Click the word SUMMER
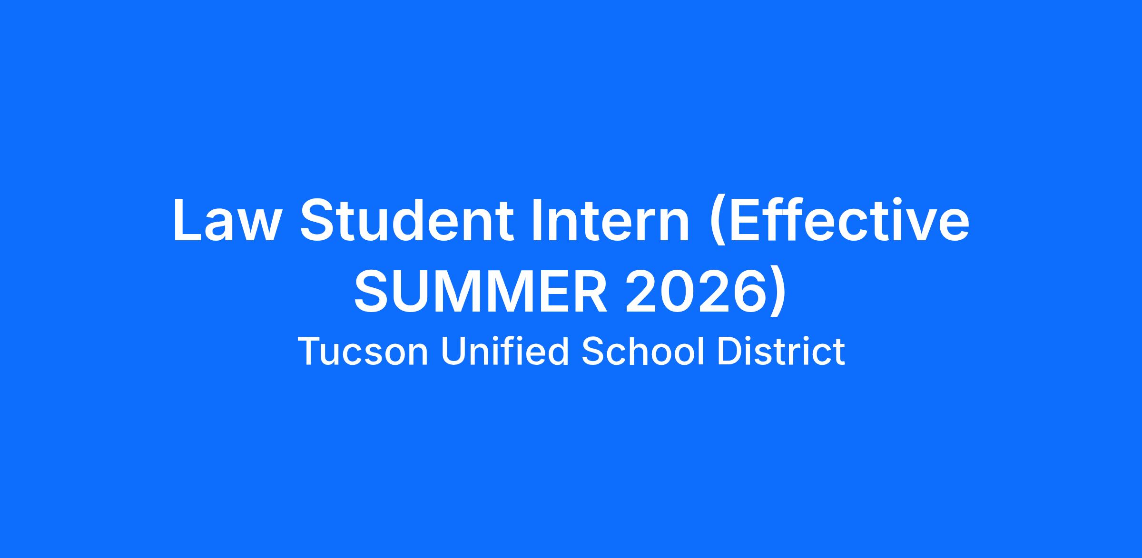[x=481, y=291]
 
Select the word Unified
[x=505, y=351]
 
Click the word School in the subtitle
[x=643, y=351]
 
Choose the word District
[x=781, y=351]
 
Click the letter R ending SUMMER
[x=590, y=291]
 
